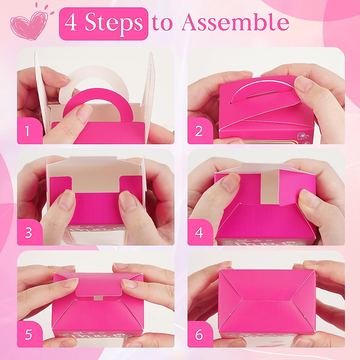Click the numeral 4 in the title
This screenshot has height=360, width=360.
[x=71, y=23]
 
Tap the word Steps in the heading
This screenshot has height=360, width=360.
[x=114, y=23]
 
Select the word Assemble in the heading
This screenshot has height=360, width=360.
[x=235, y=23]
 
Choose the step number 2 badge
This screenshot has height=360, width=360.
[x=199, y=131]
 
